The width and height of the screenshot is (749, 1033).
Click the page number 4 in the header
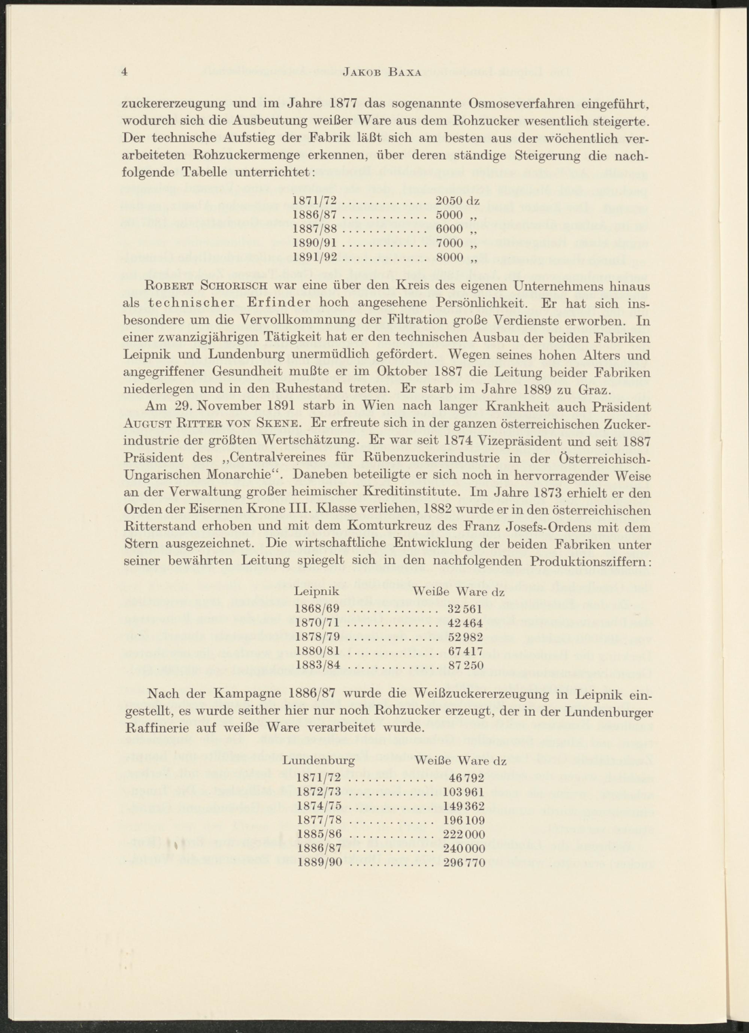tap(124, 72)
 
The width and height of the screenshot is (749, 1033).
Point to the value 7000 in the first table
tap(449, 243)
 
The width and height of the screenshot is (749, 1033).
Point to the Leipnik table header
tap(317, 592)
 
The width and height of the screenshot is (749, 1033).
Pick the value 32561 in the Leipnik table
tap(464, 609)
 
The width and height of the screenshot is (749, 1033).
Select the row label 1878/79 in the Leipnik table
tap(318, 637)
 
